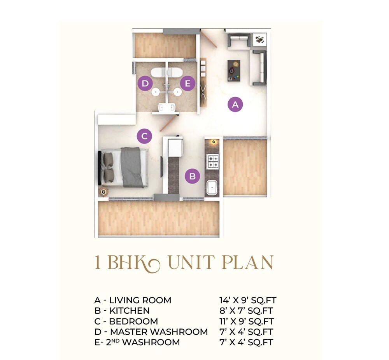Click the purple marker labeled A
coord(235,104)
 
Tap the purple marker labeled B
coord(192,177)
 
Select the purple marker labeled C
coord(144,136)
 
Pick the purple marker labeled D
coord(145,83)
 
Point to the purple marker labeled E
coord(187,83)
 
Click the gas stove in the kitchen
coord(212,161)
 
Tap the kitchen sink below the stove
coord(212,188)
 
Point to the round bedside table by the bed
coord(103,191)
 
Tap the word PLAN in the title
coord(247,263)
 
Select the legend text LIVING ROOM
coord(140,301)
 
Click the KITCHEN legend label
coord(129,311)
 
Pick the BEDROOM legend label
coord(133,322)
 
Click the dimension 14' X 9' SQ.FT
coord(248,301)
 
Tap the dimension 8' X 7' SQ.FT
coord(247,311)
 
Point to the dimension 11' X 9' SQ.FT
coord(247,322)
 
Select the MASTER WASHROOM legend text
coord(159,332)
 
